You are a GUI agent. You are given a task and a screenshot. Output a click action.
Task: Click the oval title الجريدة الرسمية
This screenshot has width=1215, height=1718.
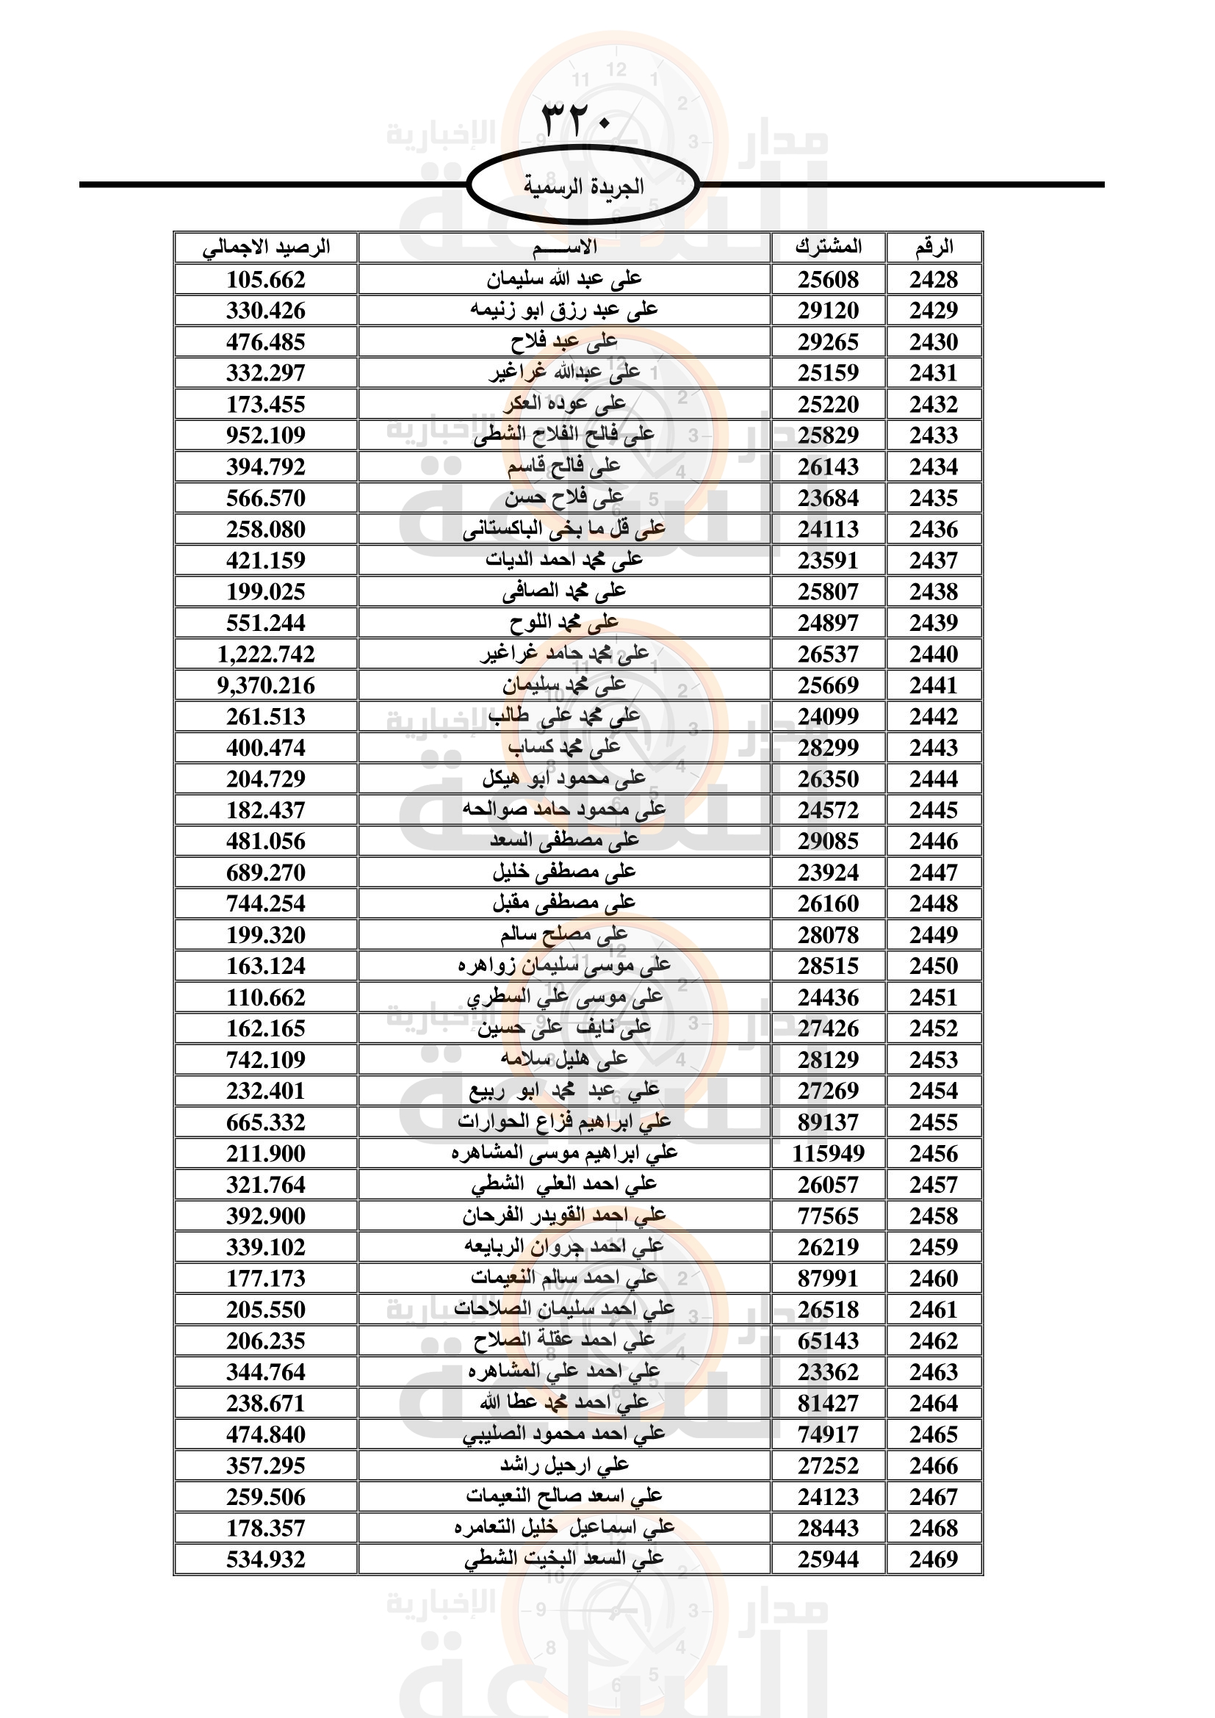coord(583,187)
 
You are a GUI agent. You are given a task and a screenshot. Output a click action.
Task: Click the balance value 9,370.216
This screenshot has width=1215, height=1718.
coord(267,685)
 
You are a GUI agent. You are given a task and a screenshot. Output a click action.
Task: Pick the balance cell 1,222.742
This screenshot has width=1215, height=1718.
coord(267,654)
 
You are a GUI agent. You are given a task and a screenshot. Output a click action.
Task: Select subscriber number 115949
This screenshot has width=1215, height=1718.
coord(827,1154)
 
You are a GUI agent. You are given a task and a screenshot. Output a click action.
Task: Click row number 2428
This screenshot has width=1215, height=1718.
coord(934,280)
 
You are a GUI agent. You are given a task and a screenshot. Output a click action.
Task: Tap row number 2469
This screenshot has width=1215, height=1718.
coord(934,1559)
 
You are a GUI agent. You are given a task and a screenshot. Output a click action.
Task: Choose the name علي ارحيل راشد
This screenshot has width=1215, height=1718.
coord(565,1465)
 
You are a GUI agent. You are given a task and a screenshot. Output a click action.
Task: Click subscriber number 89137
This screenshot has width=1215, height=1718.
coord(827,1122)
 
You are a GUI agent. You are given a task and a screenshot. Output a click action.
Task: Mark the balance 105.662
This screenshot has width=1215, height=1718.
coord(267,280)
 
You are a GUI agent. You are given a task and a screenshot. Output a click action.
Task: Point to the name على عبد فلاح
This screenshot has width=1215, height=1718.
coord(565,342)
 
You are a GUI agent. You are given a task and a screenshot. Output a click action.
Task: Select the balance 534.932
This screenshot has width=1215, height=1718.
coord(267,1559)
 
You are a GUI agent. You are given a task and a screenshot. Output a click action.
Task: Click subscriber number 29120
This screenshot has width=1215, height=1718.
coord(827,311)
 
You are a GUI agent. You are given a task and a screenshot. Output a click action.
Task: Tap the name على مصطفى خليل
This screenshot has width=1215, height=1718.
coord(565,873)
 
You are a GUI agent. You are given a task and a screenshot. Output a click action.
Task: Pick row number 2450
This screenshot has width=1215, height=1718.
coord(934,966)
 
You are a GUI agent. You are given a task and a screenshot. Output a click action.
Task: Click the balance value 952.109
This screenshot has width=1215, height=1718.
coord(267,436)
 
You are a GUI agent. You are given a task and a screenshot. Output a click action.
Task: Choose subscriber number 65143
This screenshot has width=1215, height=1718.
coord(827,1341)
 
